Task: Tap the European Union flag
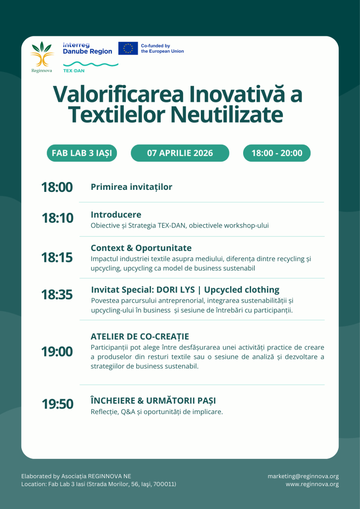(x=128, y=48)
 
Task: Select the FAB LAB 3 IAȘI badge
(x=82, y=153)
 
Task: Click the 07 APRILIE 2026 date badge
(x=180, y=153)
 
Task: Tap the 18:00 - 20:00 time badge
(x=276, y=153)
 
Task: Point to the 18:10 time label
(x=58, y=219)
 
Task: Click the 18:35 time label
(x=57, y=295)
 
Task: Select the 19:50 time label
(x=58, y=405)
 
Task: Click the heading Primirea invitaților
(x=131, y=187)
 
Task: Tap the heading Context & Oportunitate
(x=141, y=248)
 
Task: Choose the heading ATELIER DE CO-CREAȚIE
(x=140, y=337)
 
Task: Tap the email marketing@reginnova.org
(x=303, y=476)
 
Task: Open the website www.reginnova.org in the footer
(x=312, y=484)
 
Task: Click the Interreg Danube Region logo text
(x=88, y=48)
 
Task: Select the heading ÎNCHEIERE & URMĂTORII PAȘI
(x=153, y=401)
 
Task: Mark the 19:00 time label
(x=57, y=352)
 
